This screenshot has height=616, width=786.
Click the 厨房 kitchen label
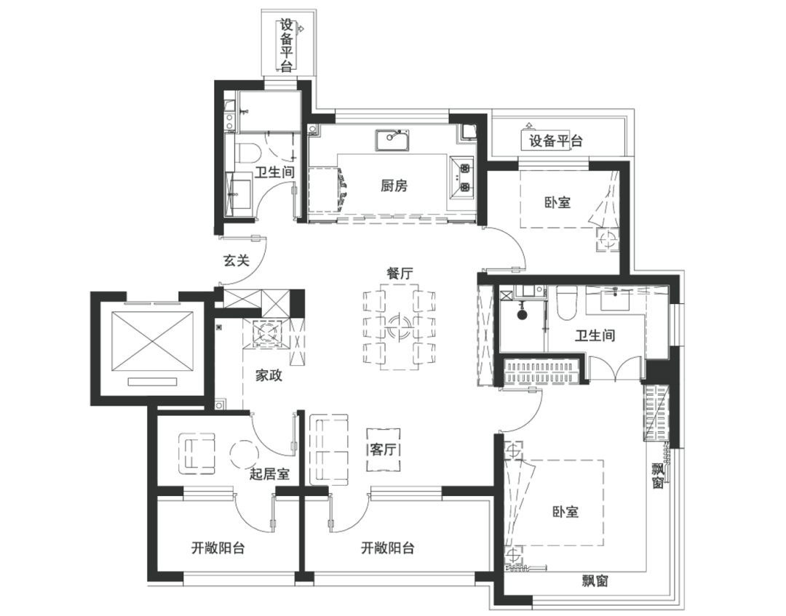coord(394,186)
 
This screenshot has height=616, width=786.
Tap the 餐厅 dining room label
coord(400,273)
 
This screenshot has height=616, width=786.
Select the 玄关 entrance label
coord(236,260)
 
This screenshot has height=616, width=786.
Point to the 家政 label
coord(269,375)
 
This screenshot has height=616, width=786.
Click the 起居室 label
coord(270,473)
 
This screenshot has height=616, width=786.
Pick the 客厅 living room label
coord(383,449)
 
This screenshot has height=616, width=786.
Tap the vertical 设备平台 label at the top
coord(286,46)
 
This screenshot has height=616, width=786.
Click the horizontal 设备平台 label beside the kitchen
coord(556,141)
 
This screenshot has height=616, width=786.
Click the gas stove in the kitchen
coord(461,175)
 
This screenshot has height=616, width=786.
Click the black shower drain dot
coord(523,314)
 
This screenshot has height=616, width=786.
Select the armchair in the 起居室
coord(197,453)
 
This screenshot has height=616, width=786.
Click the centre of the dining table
coord(400,327)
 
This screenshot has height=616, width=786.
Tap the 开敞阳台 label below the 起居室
coord(218,548)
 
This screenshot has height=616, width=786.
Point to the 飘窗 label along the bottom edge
coord(595,580)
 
